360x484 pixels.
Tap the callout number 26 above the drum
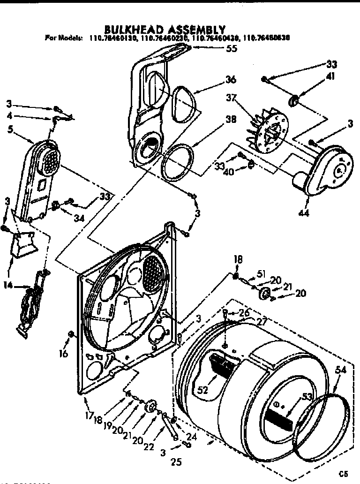[243, 313]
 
